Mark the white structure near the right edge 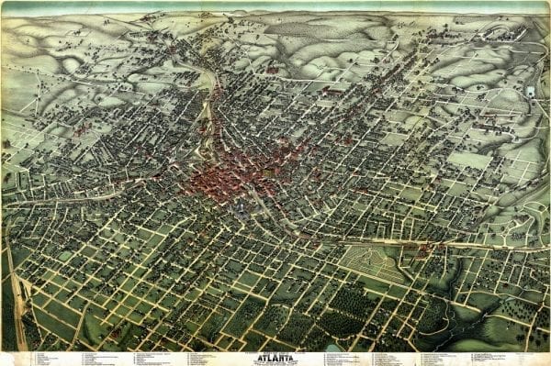coord(531,92)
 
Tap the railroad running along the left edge coord(17,294)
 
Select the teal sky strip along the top coord(275,6)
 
